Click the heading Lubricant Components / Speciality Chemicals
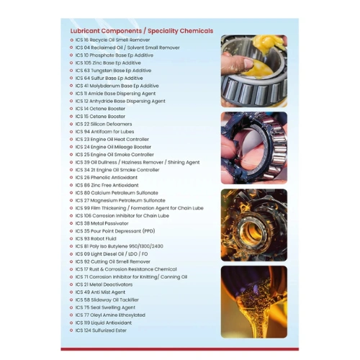[141, 32]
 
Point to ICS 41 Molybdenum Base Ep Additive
[117, 86]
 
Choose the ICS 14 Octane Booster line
[100, 108]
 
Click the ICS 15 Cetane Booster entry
[100, 116]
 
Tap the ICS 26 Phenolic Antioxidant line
[109, 177]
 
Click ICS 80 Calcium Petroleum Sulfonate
[117, 192]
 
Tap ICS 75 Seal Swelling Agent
[105, 307]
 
